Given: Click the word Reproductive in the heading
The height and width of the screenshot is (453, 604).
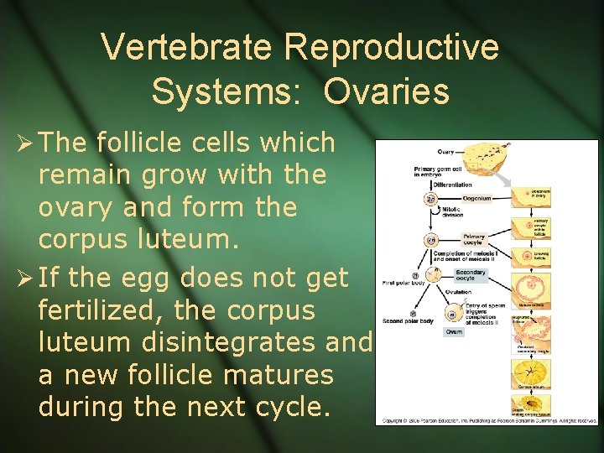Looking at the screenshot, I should pos(392,48).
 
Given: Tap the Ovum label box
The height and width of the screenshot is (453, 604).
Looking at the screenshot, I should pos(454,331).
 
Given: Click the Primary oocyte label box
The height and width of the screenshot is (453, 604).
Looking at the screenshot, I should pos(475,239).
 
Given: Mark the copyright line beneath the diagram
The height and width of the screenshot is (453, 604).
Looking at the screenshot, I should pos(489,419).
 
